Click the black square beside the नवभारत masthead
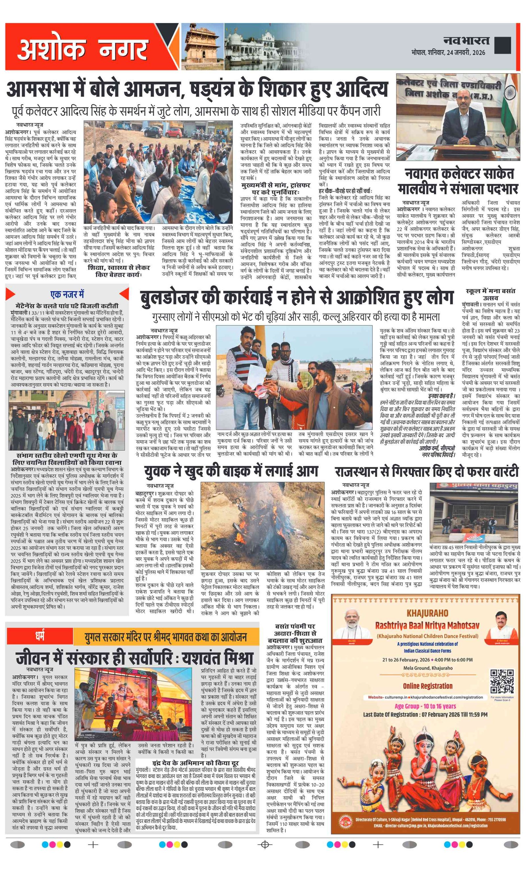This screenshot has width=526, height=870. click(503, 45)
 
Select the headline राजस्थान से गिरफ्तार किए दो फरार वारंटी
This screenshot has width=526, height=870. click(426, 472)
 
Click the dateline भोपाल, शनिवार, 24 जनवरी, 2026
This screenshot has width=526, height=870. click(448, 53)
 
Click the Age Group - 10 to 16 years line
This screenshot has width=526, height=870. click(425, 706)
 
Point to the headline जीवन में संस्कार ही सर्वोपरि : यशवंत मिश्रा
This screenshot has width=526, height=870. click(134, 658)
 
